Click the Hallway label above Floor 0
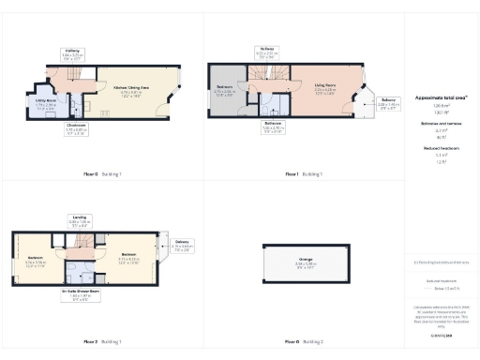point(72,52)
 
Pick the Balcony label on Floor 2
point(181,246)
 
